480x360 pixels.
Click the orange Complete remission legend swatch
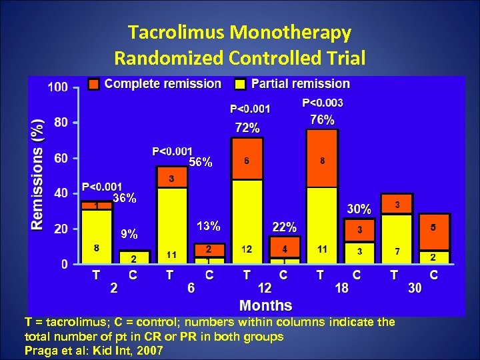tap(94, 84)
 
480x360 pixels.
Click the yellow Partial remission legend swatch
tap(240, 84)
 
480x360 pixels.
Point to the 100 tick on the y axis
tap(57, 87)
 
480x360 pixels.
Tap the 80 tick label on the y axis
tap(61, 123)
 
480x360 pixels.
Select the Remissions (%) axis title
tap(39, 175)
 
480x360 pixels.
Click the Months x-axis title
tap(265, 305)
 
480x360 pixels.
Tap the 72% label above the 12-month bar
tap(247, 127)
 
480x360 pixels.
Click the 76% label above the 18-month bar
tap(322, 120)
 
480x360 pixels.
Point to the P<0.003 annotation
tap(323, 103)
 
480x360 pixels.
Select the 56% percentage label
tap(201, 162)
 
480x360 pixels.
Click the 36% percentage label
tap(124, 198)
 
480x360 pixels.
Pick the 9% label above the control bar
tap(129, 234)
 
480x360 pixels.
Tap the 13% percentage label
tap(209, 226)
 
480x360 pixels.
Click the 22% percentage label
tap(284, 227)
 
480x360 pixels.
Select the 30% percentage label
tap(359, 209)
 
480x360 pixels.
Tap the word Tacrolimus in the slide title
tap(176, 32)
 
